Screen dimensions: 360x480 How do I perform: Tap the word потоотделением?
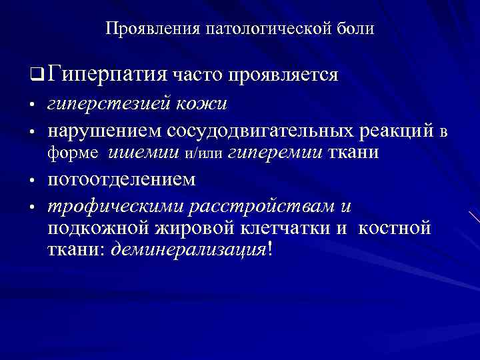click(122, 180)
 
